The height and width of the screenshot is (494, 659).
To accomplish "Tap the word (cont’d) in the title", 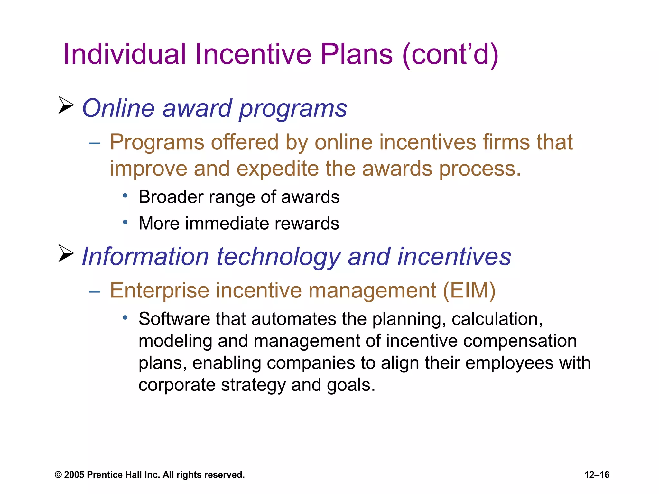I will (450, 55).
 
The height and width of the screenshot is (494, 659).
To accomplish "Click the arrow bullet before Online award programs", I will (66, 105).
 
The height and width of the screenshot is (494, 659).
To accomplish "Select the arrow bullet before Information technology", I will (66, 253).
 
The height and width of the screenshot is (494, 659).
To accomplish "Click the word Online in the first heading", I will (118, 108).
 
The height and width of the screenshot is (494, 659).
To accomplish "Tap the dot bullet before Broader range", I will (125, 195).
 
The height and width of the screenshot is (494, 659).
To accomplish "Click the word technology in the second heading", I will (278, 257).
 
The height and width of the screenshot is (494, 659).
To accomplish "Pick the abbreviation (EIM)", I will (469, 291).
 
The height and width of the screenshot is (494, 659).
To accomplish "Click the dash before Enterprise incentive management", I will (95, 291).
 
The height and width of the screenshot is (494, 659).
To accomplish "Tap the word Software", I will (174, 319).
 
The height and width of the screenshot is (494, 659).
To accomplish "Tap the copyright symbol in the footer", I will (58, 475).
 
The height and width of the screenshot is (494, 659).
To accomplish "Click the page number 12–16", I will (597, 475).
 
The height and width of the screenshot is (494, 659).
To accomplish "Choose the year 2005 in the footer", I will (74, 475).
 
